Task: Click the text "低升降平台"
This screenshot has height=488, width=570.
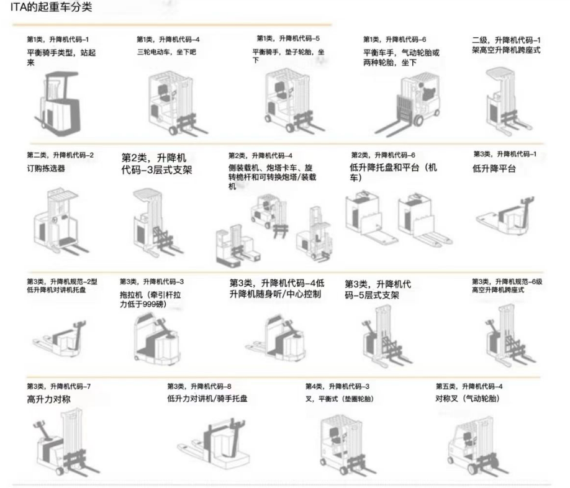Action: coord(494,168)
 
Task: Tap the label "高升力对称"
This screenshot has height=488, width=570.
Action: coord(49,399)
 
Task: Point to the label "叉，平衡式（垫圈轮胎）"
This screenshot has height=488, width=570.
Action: coord(339,398)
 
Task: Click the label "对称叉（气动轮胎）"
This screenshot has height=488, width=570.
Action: coord(468,398)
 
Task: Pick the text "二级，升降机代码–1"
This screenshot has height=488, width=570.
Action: coord(506,40)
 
